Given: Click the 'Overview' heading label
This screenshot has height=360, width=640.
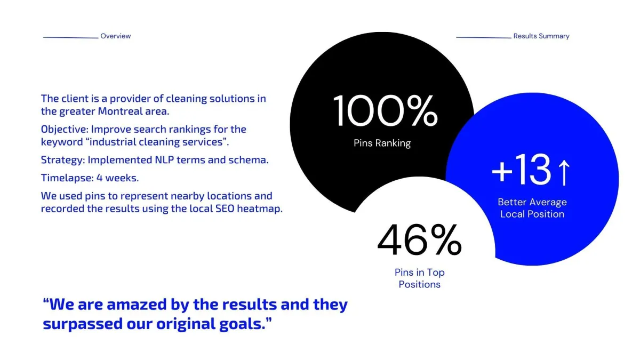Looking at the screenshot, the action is pyautogui.click(x=115, y=36).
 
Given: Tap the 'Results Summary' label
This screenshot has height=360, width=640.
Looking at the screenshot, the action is pyautogui.click(x=541, y=36).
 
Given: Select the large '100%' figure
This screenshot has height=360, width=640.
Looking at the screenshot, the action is pyautogui.click(x=386, y=110).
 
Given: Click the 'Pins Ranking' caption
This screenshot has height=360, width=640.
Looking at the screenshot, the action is pyautogui.click(x=382, y=143).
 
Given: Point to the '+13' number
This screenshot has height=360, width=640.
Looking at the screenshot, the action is pyautogui.click(x=521, y=170).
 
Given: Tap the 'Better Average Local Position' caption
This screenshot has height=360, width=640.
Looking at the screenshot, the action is pyautogui.click(x=532, y=208).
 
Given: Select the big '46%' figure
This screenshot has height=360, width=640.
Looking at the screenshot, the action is pyautogui.click(x=419, y=240).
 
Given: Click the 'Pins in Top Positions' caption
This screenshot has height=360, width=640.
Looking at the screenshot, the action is pyautogui.click(x=419, y=278).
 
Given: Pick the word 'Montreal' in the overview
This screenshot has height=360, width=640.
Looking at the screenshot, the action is pyautogui.click(x=120, y=111).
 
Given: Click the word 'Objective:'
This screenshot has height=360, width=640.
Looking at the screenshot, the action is pyautogui.click(x=65, y=130).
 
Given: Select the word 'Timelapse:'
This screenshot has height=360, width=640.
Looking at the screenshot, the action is pyautogui.click(x=67, y=178).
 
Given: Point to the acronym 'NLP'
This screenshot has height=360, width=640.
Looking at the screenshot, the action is pyautogui.click(x=164, y=160).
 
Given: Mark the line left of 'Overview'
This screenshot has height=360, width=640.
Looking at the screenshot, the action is pyautogui.click(x=70, y=37).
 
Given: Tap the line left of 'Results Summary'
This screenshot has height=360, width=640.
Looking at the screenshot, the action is pyautogui.click(x=483, y=37).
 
